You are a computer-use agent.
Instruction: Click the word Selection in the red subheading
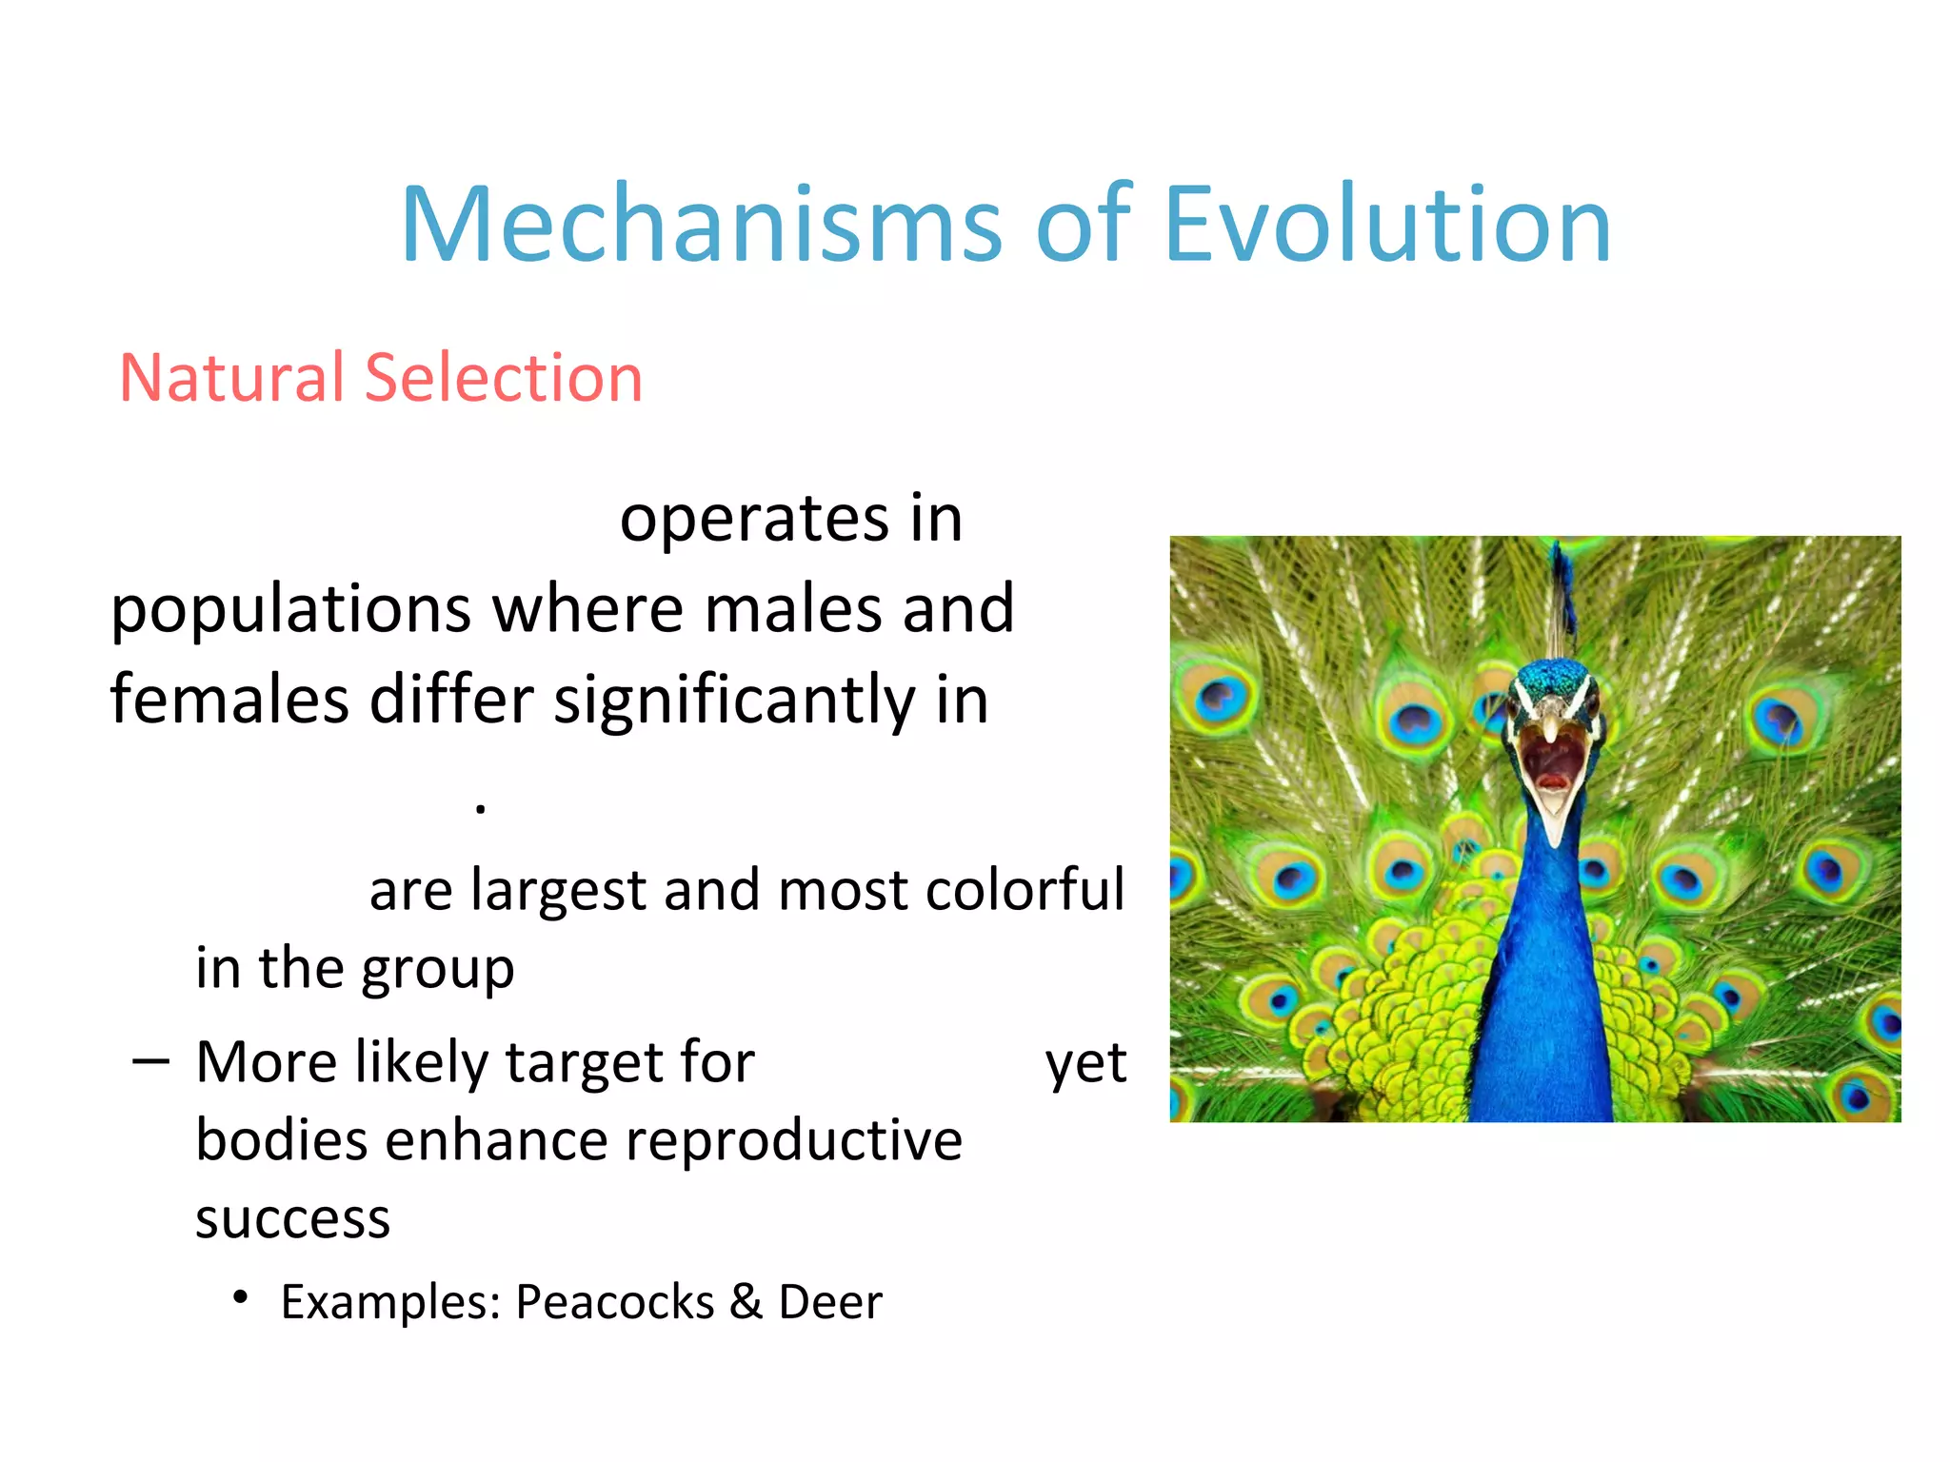504,378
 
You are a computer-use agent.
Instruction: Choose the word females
229,700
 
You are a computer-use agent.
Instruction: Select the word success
292,1218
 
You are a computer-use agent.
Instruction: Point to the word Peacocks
614,1302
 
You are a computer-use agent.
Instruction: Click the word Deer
830,1302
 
